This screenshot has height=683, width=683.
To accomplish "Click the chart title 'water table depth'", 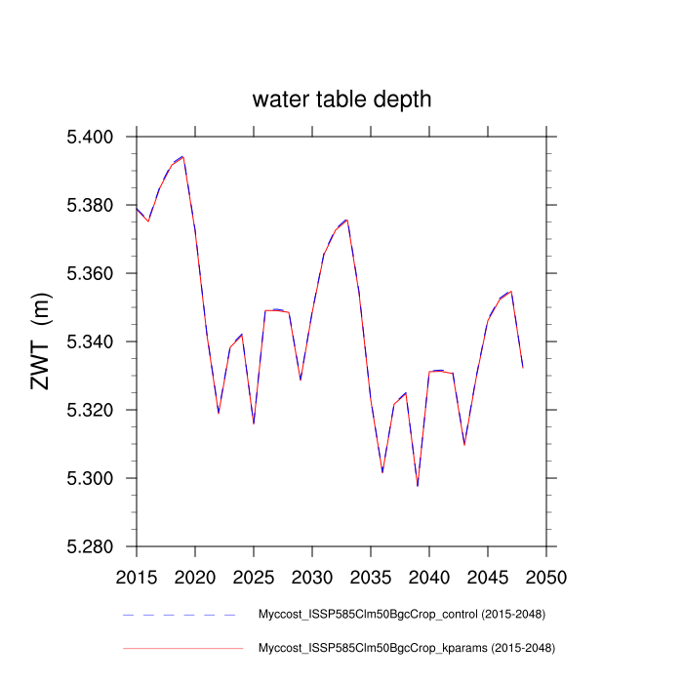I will point(341,100).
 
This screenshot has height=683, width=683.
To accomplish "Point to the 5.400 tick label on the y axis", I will point(91,137).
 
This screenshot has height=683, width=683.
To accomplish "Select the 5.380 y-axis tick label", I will point(91,205).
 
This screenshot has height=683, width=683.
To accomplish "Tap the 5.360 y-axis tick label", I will point(91,273).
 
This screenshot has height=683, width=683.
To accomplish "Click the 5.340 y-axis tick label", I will point(91,341).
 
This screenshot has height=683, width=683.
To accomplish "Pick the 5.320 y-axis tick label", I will point(91,410).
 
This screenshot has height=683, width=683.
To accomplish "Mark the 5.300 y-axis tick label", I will point(91,478).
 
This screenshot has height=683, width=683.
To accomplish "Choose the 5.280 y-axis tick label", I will point(91,546).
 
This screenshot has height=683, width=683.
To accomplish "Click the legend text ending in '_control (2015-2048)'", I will point(401,615).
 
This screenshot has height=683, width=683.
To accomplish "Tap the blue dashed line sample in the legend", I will point(181,615).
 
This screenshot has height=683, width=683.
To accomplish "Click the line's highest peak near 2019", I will point(182,156).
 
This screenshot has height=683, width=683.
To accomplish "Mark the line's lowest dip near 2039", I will point(418,485).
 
